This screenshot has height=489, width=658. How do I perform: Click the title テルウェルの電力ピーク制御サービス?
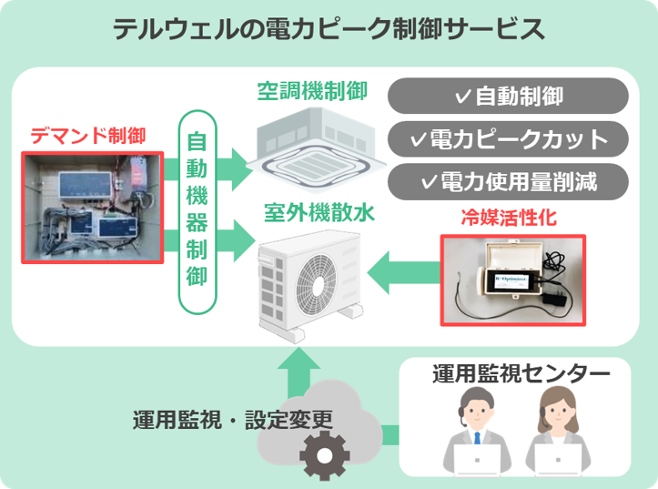click(329, 29)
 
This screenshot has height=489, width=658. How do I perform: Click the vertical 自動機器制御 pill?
click(197, 211)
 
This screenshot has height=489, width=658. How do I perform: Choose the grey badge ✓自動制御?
click(508, 96)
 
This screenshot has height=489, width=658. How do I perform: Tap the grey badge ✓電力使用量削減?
click(508, 182)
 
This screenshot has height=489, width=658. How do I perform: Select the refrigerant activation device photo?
click(512, 280)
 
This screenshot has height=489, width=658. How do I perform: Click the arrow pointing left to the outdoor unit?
click(405, 273)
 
